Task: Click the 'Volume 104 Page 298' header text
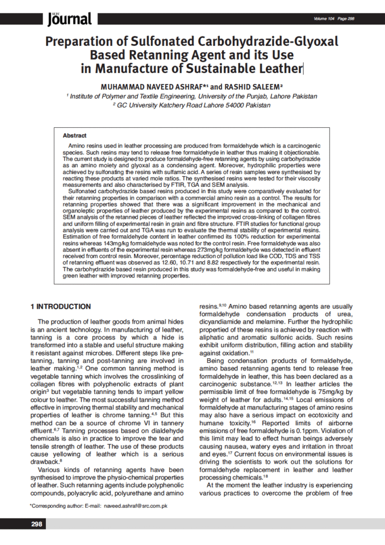[334, 19]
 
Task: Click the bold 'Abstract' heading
[75, 136]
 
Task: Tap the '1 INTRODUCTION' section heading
[60, 307]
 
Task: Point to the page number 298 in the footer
[37, 524]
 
